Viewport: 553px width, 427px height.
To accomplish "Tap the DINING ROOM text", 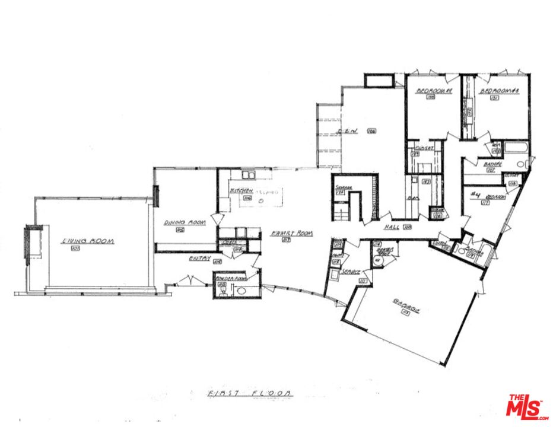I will pos(185,222).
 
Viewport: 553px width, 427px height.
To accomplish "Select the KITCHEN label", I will pos(241,191).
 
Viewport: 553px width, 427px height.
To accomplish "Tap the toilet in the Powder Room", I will pos(223,289).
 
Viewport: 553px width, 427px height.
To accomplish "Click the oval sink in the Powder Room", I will pos(241,291).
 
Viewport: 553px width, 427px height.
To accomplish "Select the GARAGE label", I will pos(405,307).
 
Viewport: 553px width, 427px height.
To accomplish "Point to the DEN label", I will pos(347,131).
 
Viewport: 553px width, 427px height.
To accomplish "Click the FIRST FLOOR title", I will pos(250,393).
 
